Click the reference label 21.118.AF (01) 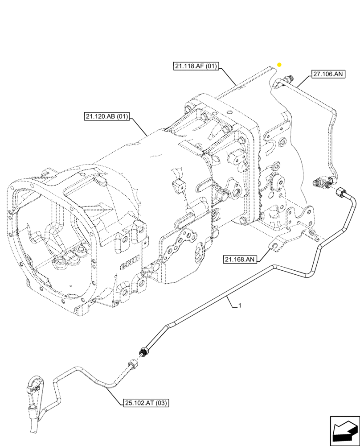click(x=196, y=67)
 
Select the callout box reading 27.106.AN click(x=327, y=74)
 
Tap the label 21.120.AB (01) click(x=106, y=117)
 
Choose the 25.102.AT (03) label click(x=144, y=404)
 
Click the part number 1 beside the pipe click(x=240, y=306)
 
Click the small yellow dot click(x=279, y=65)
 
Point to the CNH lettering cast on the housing click(x=130, y=262)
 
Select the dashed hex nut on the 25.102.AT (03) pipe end click(x=133, y=365)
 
